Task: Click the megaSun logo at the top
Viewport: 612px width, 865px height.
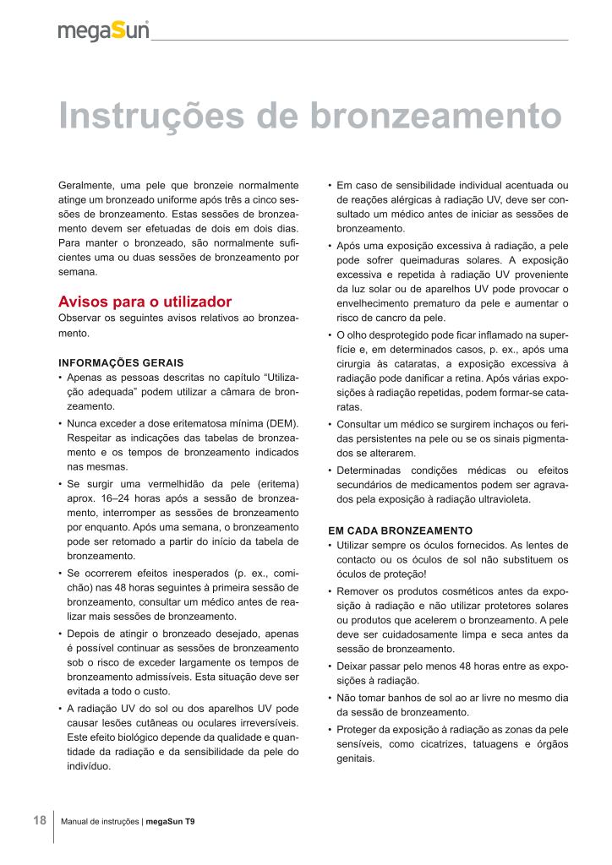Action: point(103,30)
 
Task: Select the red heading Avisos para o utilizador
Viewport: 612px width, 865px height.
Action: point(145,302)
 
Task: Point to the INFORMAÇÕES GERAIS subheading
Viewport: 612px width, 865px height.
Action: point(113,362)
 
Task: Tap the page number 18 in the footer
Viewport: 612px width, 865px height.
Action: point(40,820)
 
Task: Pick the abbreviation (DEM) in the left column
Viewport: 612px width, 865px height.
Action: point(279,422)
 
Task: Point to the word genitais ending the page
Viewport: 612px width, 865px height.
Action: point(355,759)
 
